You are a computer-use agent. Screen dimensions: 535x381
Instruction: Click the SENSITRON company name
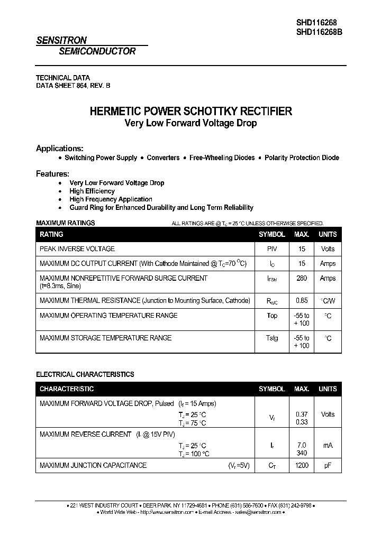click(61, 40)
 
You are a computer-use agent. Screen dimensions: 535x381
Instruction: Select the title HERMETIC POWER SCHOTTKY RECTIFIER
click(190, 112)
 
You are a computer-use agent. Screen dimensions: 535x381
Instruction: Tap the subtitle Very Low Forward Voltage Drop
click(190, 123)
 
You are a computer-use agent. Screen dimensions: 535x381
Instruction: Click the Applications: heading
click(59, 149)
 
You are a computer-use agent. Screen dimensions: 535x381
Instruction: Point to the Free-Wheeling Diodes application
click(222, 158)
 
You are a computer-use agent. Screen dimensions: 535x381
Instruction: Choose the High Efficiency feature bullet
click(92, 191)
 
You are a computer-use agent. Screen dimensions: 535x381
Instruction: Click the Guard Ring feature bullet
click(161, 208)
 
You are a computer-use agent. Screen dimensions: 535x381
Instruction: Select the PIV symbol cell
click(271, 248)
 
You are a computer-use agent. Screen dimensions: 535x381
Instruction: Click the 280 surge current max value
click(302, 278)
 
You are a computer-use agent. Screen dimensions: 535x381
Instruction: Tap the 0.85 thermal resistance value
click(302, 301)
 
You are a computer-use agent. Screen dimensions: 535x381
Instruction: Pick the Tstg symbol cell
click(271, 338)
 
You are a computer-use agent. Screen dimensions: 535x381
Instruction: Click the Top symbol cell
click(271, 316)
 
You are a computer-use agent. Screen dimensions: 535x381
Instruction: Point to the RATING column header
click(51, 234)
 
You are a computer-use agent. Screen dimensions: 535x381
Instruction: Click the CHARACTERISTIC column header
click(67, 389)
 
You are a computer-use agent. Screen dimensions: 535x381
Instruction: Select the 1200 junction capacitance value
click(302, 466)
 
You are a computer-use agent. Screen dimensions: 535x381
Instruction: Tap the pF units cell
click(328, 466)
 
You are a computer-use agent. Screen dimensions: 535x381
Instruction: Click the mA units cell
click(328, 446)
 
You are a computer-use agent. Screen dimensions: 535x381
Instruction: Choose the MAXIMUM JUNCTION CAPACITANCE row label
click(93, 465)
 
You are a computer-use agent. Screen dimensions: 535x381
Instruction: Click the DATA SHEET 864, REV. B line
click(73, 85)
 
